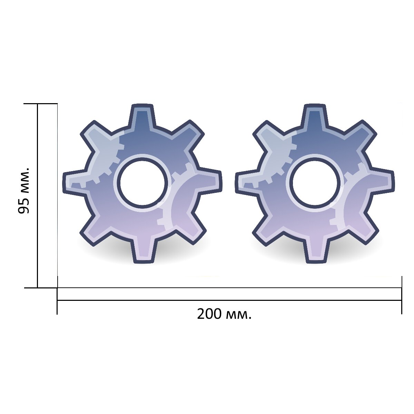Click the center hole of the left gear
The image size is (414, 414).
144,183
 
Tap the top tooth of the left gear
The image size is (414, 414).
142,116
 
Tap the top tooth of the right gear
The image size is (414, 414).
315,116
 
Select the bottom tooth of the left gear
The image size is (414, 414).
144,250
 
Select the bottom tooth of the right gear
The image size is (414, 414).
316,250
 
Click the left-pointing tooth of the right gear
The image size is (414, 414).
247,183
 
